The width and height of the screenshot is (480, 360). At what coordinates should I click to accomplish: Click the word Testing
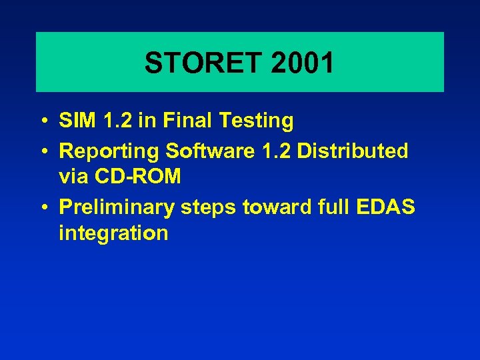(260, 122)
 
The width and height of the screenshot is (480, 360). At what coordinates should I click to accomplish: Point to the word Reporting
(110, 152)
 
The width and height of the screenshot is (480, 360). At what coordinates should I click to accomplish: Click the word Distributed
(353, 151)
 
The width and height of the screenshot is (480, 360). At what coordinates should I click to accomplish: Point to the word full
(330, 207)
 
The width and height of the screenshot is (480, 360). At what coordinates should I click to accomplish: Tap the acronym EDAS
(385, 207)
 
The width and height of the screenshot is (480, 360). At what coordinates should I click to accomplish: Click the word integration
(113, 233)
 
